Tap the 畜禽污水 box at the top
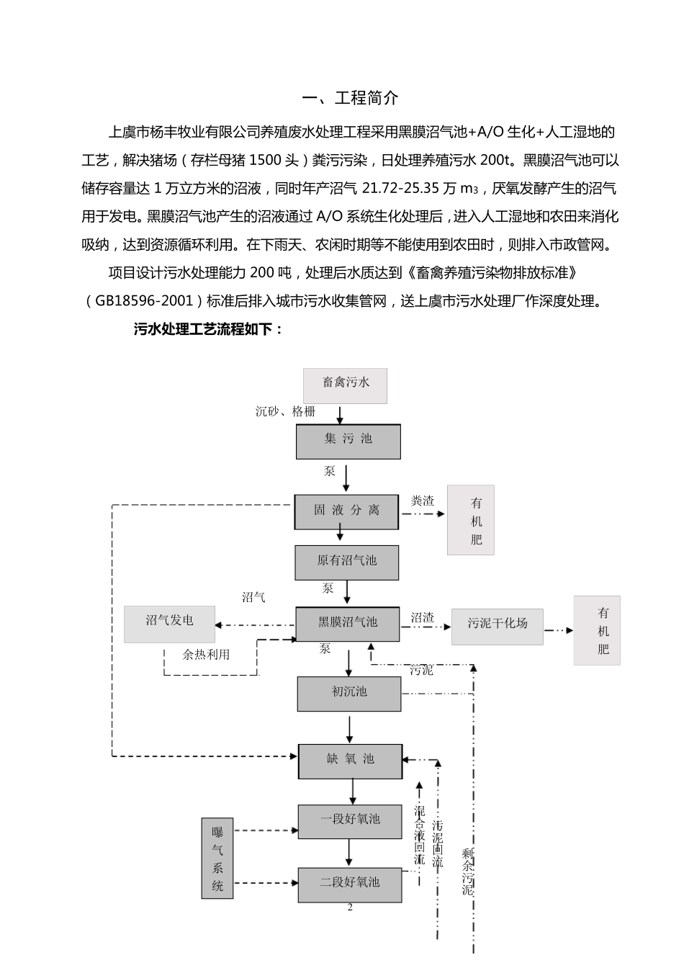[x=345, y=385]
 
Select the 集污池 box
[x=348, y=441]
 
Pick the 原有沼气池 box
[x=346, y=562]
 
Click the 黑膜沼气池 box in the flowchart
[x=348, y=624]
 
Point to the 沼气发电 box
[x=169, y=623]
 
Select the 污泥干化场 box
[x=498, y=626]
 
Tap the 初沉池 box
[x=349, y=694]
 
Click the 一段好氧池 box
[x=350, y=821]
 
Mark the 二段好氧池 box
[x=350, y=884]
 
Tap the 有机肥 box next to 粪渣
[x=471, y=520]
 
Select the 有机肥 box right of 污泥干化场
[x=597, y=630]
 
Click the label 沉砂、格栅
[x=285, y=411]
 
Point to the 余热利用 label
[x=206, y=654]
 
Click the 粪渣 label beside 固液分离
[x=423, y=501]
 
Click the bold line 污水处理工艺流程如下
[x=209, y=329]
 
